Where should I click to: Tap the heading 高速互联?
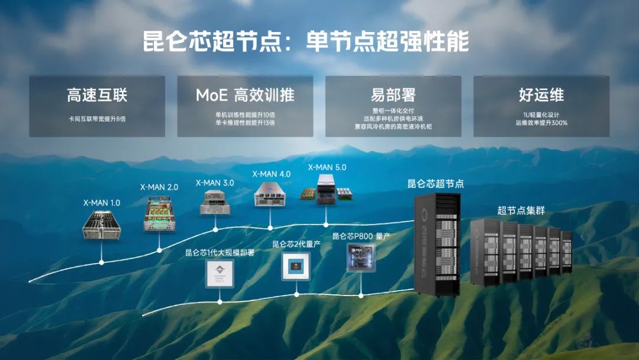(x=97, y=95)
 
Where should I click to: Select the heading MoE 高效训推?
(x=245, y=95)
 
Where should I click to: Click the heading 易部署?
(x=393, y=95)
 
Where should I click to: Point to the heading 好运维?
(x=541, y=95)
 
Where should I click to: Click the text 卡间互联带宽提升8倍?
(x=97, y=118)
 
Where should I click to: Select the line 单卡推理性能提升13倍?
(x=245, y=123)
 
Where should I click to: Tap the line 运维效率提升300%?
(x=541, y=123)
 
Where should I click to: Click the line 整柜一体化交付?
(x=393, y=111)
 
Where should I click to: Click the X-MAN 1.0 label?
(x=102, y=202)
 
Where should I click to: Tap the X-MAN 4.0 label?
(x=272, y=174)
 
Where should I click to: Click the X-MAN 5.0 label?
(x=327, y=168)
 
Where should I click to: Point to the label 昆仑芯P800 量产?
(x=361, y=236)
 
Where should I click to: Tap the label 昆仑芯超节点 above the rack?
(x=435, y=184)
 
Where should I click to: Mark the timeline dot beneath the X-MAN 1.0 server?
(x=102, y=261)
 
